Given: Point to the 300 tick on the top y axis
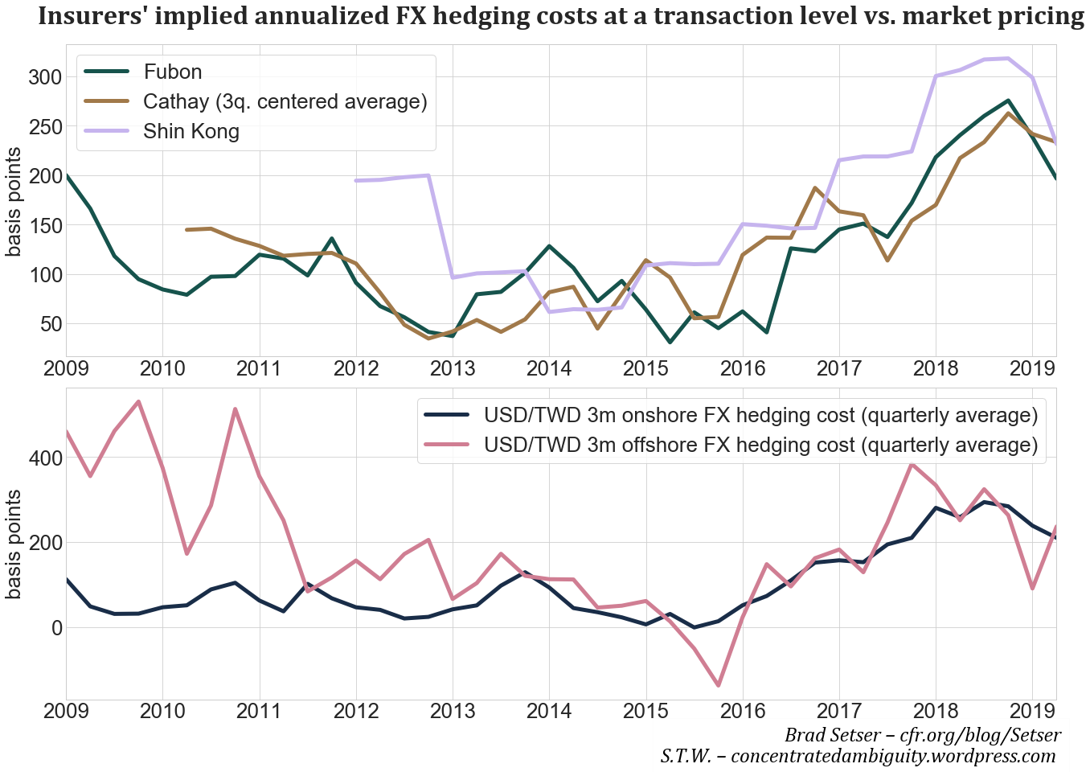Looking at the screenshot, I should tap(44, 77).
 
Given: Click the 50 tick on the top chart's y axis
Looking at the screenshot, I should tap(50, 324).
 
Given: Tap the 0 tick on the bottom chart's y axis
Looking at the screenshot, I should tap(56, 627).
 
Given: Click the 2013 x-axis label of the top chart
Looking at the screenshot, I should tap(453, 369).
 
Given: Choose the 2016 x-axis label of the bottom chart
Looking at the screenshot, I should tap(742, 712).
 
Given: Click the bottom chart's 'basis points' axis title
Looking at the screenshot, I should tap(14, 544).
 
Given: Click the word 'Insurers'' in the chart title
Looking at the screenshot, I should tap(93, 16).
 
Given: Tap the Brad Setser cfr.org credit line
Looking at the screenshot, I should tap(922, 735).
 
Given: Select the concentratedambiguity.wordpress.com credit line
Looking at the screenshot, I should tap(858, 756).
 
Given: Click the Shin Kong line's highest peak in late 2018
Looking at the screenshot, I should tap(1008, 58).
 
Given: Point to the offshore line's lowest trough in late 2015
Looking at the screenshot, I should tap(718, 685).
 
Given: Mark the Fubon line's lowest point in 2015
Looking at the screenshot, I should tap(670, 343).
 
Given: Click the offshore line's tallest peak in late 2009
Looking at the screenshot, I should tap(138, 401).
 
